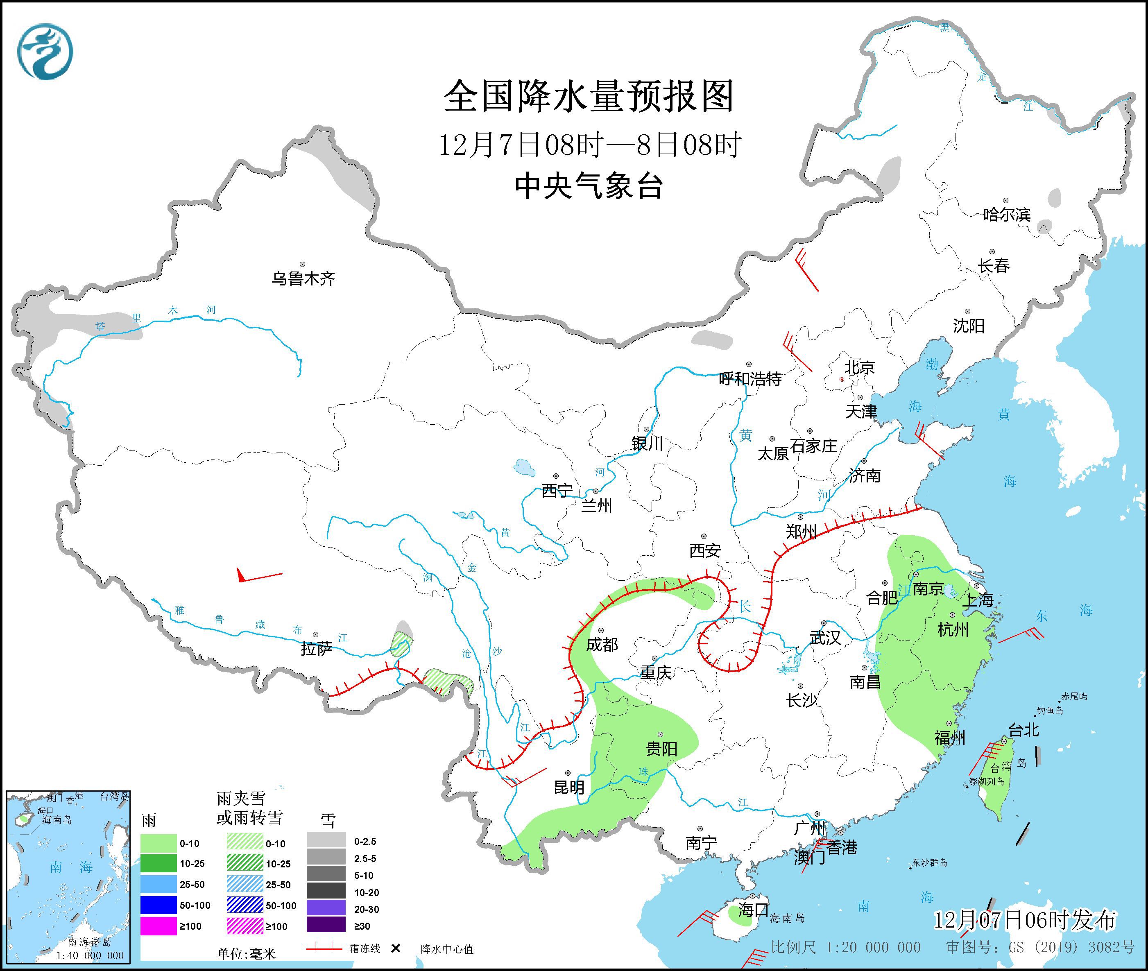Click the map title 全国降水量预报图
(588, 96)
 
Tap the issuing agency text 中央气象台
(588, 186)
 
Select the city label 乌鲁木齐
(303, 278)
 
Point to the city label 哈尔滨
(1006, 214)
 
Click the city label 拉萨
(317, 649)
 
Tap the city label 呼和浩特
(750, 379)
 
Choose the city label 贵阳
(661, 749)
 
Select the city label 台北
(1023, 730)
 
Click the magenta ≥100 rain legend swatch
(158, 926)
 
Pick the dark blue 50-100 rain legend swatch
(158, 905)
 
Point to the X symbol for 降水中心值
(395, 948)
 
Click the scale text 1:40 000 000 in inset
(90, 955)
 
